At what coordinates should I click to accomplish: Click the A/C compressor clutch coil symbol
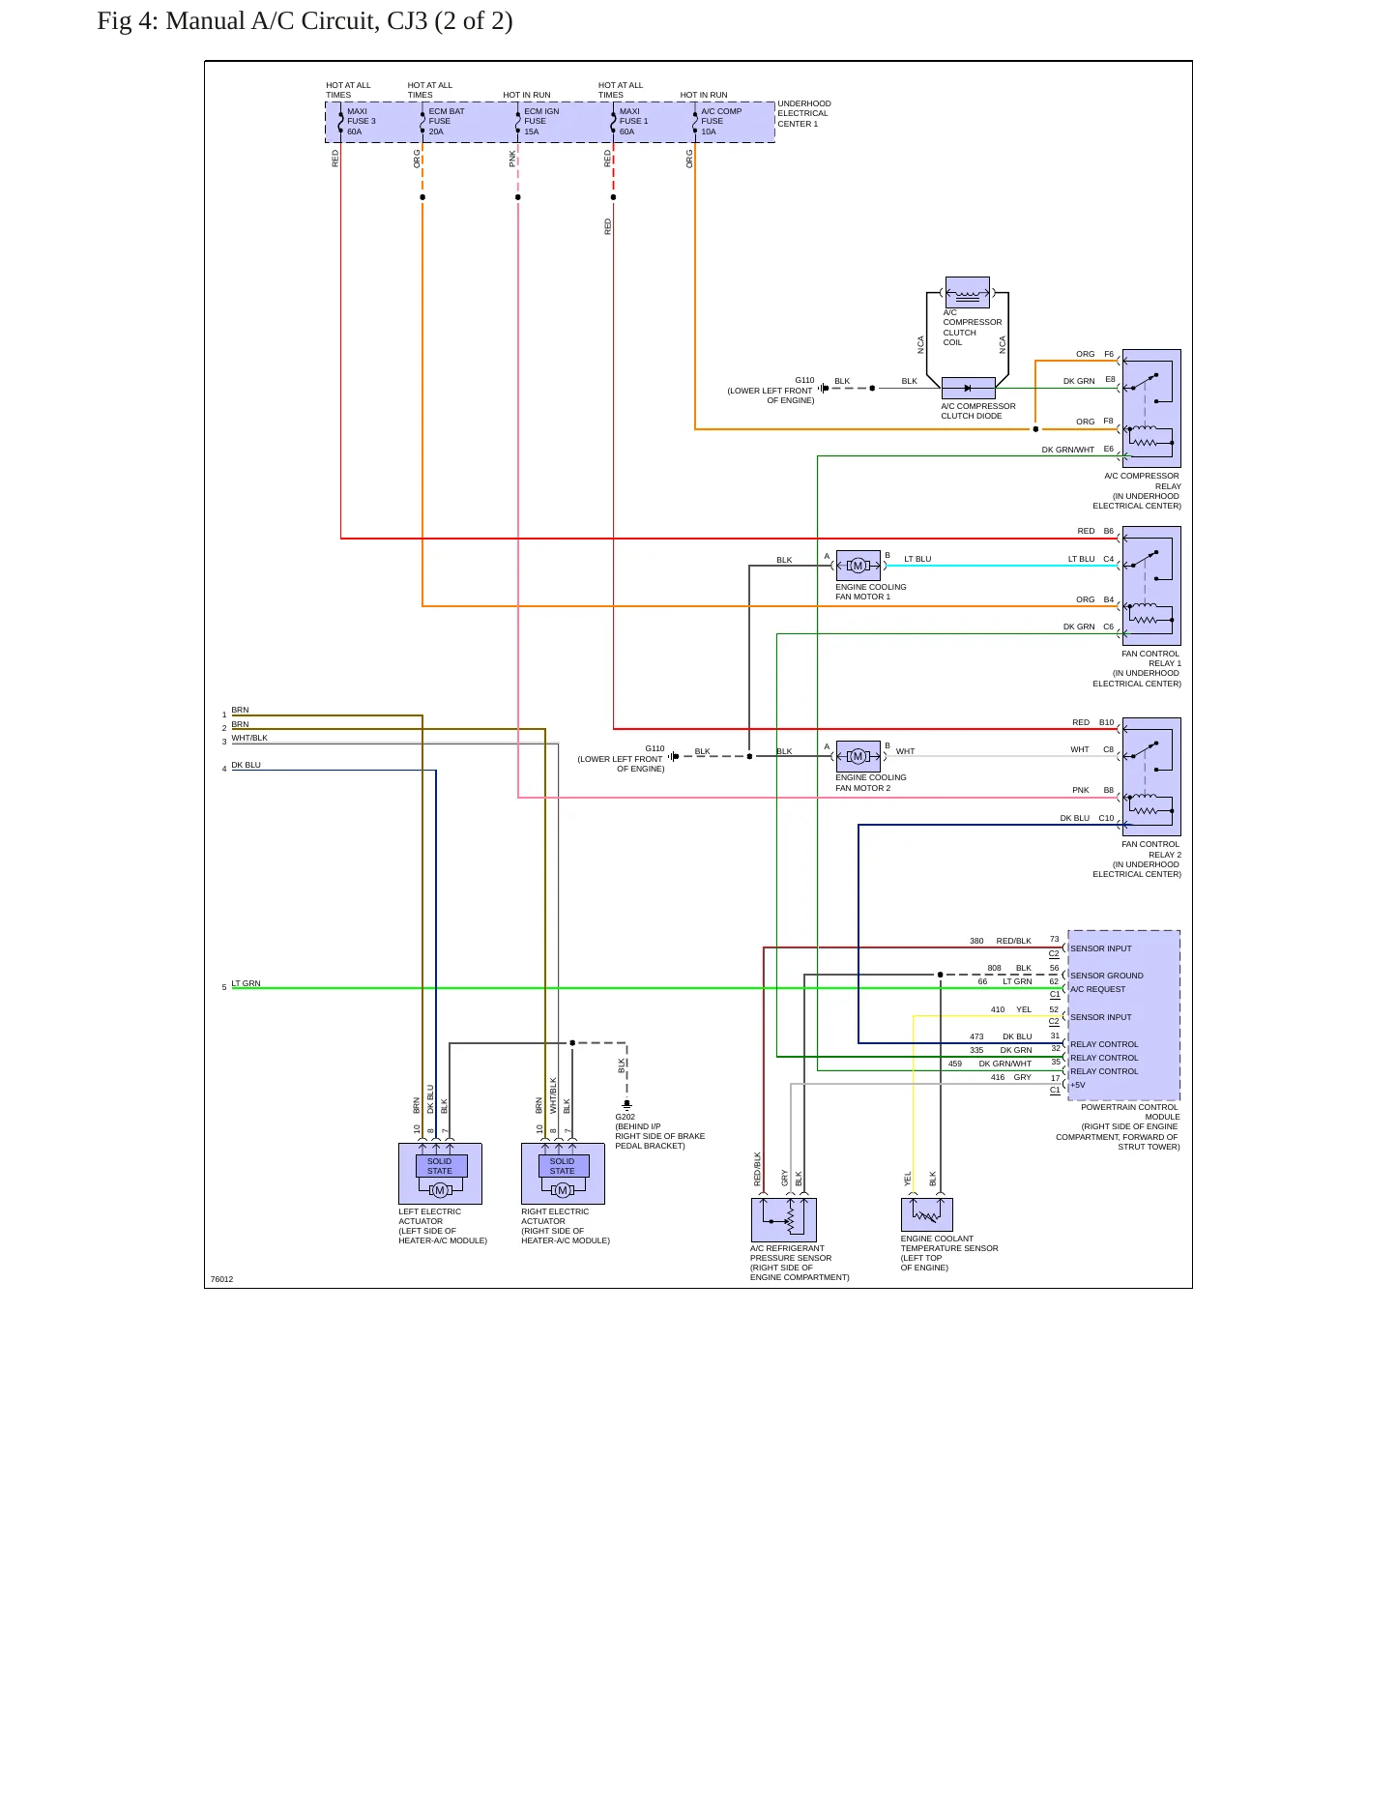[x=968, y=292]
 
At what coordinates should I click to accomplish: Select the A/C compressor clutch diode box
[x=968, y=389]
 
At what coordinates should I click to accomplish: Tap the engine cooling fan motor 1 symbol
[x=858, y=566]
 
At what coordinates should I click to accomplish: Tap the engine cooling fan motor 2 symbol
[x=858, y=756]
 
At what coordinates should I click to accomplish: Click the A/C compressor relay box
[x=1151, y=408]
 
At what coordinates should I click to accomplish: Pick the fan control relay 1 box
[x=1151, y=586]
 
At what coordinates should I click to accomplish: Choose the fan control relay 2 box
[x=1151, y=776]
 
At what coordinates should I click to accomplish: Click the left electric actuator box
[x=440, y=1174]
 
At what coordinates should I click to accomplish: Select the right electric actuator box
[x=563, y=1174]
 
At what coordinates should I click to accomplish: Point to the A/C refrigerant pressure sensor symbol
[x=784, y=1220]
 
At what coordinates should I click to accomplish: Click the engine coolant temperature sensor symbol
[x=927, y=1214]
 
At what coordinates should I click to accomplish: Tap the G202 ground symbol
[x=626, y=1104]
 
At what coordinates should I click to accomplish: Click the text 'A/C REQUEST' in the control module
[x=1098, y=989]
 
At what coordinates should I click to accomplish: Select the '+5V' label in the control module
[x=1078, y=1085]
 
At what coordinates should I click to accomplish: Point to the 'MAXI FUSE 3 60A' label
[x=362, y=122]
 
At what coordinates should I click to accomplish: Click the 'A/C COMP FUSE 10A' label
[x=721, y=122]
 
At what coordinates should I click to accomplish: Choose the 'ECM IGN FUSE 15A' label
[x=541, y=122]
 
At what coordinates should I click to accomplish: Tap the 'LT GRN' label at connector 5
[x=246, y=983]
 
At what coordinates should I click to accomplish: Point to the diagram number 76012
[x=221, y=1279]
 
